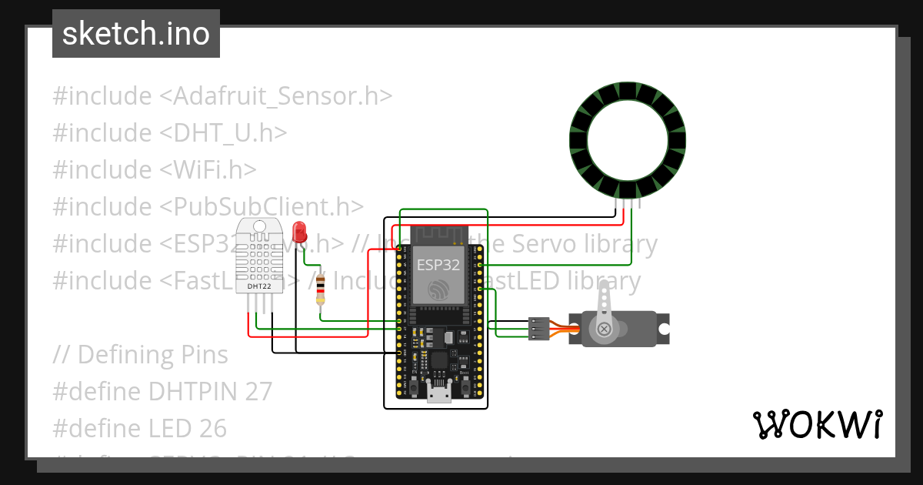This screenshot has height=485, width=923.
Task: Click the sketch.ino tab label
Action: [x=136, y=34]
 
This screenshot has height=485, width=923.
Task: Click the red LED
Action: [x=300, y=230]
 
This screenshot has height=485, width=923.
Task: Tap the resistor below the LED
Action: [x=321, y=293]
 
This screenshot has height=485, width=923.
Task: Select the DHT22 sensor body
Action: [x=258, y=258]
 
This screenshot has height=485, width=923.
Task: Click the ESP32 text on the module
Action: [x=438, y=266]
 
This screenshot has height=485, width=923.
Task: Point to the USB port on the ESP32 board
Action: [x=439, y=393]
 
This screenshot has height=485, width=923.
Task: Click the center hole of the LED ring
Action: [x=626, y=140]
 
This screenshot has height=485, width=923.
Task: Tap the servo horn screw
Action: [x=605, y=329]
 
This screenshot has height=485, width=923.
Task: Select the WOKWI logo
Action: [x=817, y=424]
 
